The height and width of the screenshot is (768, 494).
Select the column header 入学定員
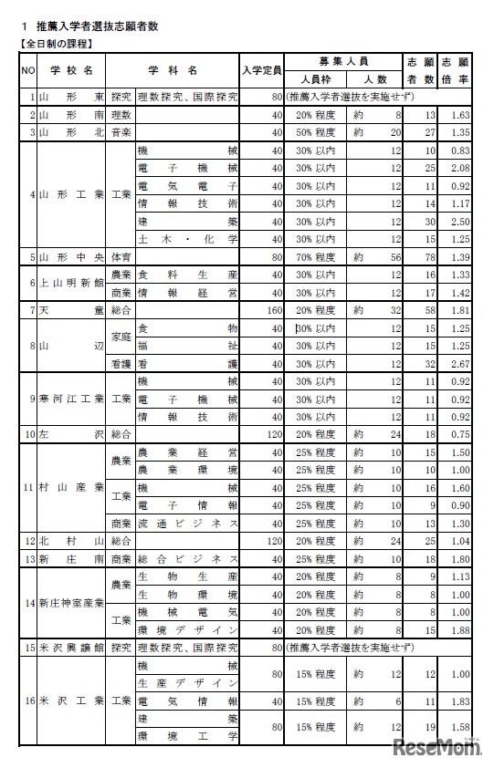[x=261, y=69]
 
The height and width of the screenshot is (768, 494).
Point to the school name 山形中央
[x=70, y=256]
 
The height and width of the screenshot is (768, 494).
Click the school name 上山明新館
[x=70, y=283]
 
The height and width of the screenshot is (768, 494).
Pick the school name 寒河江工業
[x=70, y=399]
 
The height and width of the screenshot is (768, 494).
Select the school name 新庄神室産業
[x=70, y=603]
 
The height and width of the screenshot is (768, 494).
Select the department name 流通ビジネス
[x=187, y=523]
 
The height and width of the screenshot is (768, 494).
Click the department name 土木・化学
[x=187, y=239]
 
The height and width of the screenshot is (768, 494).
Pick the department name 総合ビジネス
[x=187, y=558]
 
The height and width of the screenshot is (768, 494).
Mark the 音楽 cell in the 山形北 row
[x=121, y=133]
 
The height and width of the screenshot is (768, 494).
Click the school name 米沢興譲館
[x=70, y=648]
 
